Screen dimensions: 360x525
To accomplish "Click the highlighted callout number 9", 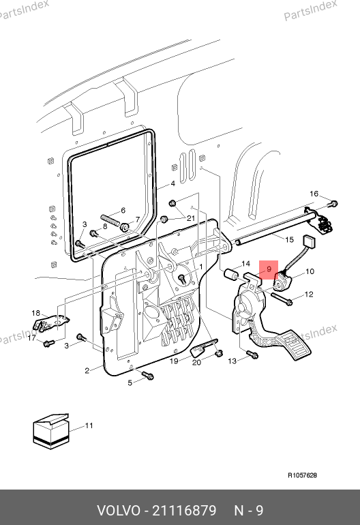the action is [x=269, y=269].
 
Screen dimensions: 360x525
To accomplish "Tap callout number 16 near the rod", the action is [x=314, y=194].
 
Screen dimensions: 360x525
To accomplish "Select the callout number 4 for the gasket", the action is [x=172, y=183].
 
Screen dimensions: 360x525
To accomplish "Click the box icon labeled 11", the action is [x=51, y=431].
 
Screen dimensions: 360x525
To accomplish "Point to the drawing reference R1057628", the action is [x=303, y=475].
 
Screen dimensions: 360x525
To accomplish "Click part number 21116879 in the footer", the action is [x=185, y=511].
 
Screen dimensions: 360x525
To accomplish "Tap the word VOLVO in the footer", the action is [x=119, y=511].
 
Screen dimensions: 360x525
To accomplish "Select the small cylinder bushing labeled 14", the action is [x=231, y=275].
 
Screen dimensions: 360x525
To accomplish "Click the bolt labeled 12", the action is [x=282, y=299].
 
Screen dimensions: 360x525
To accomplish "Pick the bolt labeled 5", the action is [x=148, y=375].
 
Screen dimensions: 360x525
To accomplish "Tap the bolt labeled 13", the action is [x=252, y=355].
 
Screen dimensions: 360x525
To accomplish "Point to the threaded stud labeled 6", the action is [x=110, y=220].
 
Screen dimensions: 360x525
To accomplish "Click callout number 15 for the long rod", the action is [x=289, y=239].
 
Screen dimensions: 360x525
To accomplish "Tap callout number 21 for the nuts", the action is [x=191, y=218].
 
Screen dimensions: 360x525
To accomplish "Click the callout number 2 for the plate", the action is [x=87, y=371].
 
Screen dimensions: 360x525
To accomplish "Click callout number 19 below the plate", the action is [x=174, y=361].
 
